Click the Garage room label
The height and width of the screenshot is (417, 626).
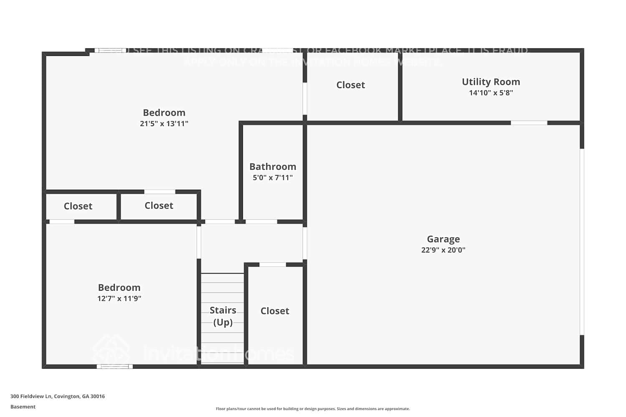coord(443,239)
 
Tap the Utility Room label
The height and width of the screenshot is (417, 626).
coord(491,82)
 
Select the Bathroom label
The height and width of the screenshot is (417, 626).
coord(273,166)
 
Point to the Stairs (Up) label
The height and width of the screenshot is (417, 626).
coord(223,316)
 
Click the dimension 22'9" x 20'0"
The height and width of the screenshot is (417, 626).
coord(443,250)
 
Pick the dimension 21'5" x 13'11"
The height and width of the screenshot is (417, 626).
coord(164,123)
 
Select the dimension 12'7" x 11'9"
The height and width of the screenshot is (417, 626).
coord(119,299)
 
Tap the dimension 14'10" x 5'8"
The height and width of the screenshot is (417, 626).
coord(491,93)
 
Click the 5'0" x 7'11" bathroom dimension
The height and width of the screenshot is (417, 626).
coord(273,178)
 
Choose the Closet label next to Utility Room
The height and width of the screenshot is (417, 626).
coord(351,85)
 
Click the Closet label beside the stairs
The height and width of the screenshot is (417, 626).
coord(275,311)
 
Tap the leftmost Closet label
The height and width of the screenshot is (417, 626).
coord(78,206)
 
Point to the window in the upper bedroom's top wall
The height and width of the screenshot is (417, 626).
coord(110,50)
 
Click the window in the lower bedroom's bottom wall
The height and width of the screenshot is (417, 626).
coord(115,367)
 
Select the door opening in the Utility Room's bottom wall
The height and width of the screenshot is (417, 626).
coord(529,123)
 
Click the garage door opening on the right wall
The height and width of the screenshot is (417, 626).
coord(582,242)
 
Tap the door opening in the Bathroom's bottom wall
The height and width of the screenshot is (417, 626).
coord(261,221)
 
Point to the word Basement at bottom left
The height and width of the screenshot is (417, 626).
coord(23,407)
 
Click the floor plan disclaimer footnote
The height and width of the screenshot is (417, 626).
coord(313,409)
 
